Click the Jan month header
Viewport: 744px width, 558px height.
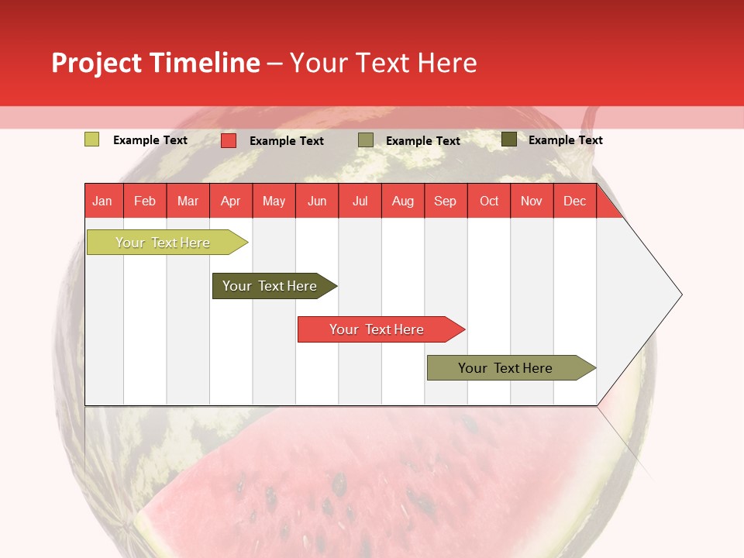(102, 201)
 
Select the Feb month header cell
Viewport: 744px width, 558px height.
(145, 201)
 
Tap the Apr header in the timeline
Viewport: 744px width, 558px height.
(231, 201)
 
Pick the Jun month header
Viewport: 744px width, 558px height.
(317, 201)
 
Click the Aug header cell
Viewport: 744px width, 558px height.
(403, 201)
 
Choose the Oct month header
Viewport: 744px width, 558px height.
(489, 201)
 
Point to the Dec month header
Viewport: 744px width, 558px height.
(575, 201)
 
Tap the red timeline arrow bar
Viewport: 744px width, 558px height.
(377, 329)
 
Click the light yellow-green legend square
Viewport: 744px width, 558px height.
(92, 139)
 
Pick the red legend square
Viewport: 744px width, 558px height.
(229, 140)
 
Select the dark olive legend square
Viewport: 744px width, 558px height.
(509, 139)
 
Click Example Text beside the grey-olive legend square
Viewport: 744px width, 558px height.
(423, 141)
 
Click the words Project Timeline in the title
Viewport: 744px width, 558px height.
(156, 63)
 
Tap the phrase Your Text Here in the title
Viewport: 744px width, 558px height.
(384, 63)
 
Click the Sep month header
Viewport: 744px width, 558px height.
(446, 201)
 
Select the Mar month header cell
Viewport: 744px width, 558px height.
(188, 201)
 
